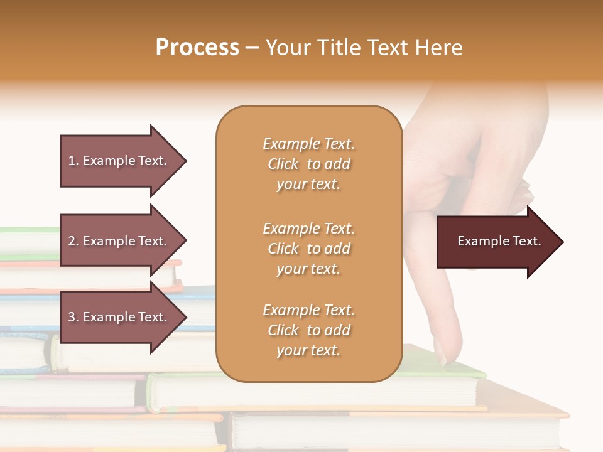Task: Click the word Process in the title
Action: [x=197, y=48]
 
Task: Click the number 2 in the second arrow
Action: [x=71, y=241]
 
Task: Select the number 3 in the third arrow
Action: [x=71, y=317]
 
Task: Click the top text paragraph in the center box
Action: [x=308, y=164]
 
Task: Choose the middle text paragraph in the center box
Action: [x=308, y=248]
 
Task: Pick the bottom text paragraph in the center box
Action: [x=308, y=330]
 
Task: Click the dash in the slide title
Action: [x=253, y=48]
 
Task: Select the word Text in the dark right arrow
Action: [x=527, y=241]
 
